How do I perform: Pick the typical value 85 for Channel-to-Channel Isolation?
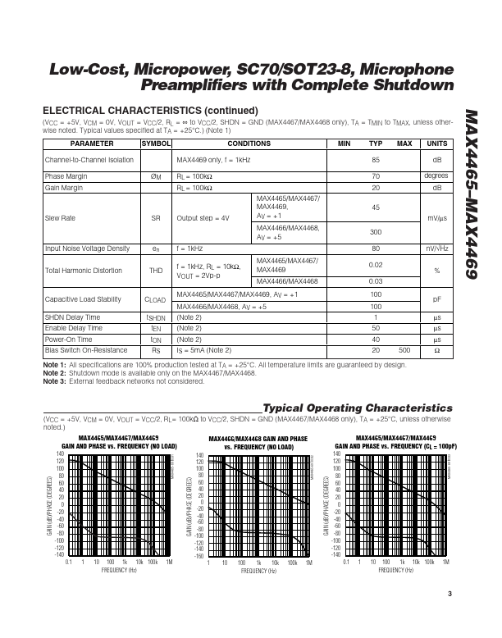375,160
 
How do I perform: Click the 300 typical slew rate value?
375,232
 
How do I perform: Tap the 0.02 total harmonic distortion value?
376,264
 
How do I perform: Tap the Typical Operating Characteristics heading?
357,408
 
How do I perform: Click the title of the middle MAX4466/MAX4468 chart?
258,443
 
